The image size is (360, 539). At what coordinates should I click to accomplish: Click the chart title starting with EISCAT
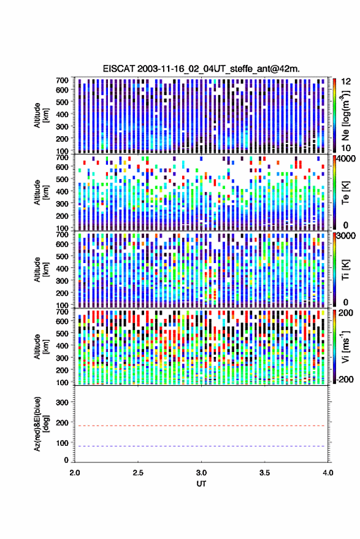(x=201, y=69)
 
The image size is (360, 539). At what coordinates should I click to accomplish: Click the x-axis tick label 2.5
(x=138, y=473)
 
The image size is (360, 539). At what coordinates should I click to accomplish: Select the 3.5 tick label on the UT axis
(x=264, y=473)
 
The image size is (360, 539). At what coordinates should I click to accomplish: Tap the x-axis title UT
(x=201, y=484)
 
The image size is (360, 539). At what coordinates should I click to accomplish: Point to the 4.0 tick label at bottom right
(x=327, y=473)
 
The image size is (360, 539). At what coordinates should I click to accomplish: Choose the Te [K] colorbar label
(x=345, y=193)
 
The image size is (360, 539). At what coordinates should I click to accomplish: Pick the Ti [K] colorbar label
(x=345, y=270)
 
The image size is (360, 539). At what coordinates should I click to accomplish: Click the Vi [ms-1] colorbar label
(x=345, y=346)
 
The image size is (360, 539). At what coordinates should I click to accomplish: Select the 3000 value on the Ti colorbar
(x=346, y=236)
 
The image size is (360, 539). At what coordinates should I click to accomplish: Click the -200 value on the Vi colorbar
(x=345, y=379)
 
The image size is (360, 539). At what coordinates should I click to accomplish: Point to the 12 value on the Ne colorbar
(x=346, y=82)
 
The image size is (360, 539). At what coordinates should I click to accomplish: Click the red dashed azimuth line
(x=201, y=426)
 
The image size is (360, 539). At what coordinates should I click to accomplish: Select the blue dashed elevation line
(x=201, y=446)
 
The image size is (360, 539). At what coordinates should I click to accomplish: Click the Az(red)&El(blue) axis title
(x=41, y=424)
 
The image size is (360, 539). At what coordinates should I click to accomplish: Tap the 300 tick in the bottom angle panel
(x=62, y=402)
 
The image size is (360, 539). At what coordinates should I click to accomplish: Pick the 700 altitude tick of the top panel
(x=62, y=80)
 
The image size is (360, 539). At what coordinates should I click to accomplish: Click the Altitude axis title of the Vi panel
(x=41, y=346)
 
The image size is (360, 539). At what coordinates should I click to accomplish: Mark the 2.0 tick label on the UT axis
(x=75, y=473)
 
